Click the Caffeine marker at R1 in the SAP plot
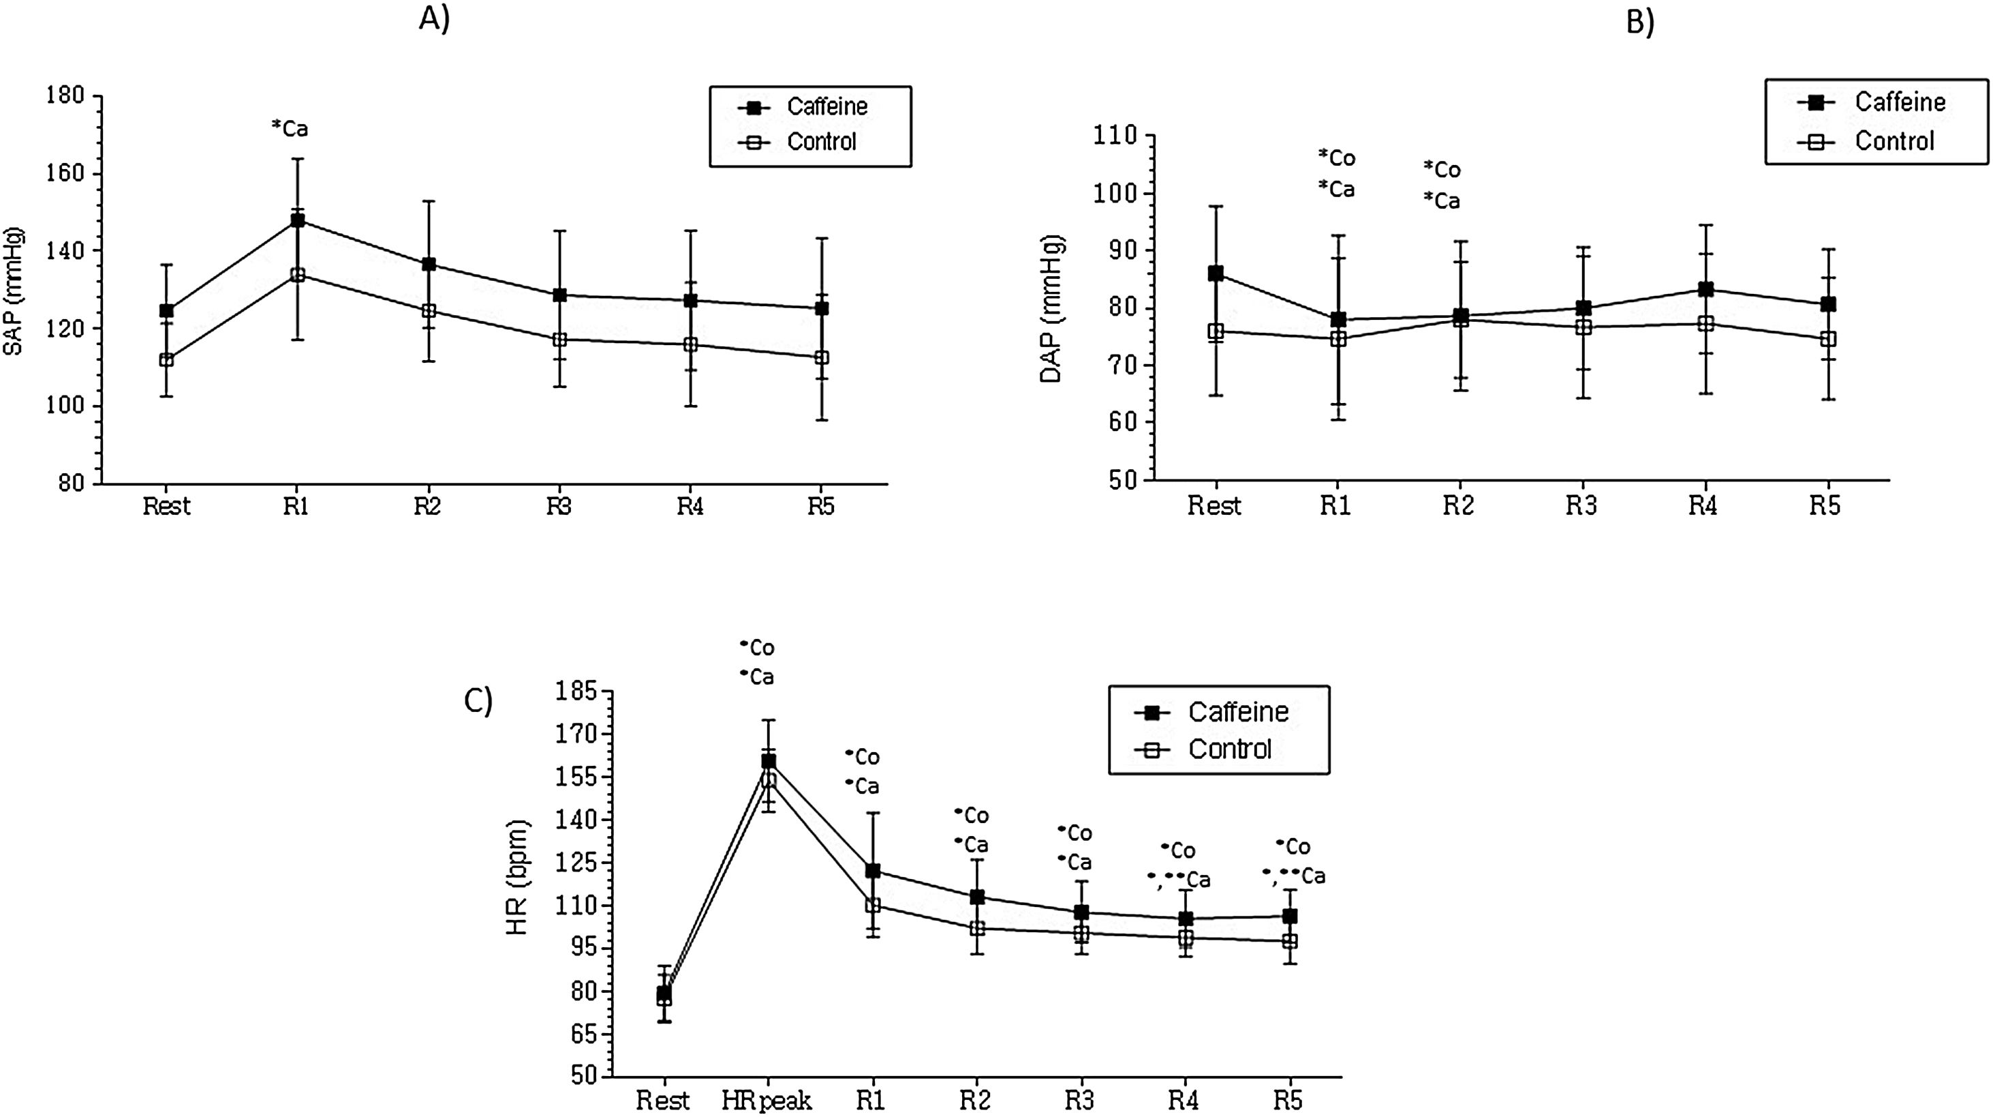click(297, 221)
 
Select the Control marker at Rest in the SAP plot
click(166, 360)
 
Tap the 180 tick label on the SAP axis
click(66, 96)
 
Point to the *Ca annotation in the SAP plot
click(290, 128)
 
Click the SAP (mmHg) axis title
click(14, 291)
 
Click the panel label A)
click(434, 18)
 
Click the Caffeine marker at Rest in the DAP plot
click(1216, 273)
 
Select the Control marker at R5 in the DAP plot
click(1828, 339)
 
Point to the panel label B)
click(1639, 22)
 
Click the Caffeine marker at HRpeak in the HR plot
click(769, 762)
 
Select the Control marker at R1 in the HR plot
click(873, 905)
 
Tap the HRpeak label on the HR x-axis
click(767, 1100)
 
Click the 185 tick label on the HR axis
click(576, 691)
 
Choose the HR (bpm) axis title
click(517, 877)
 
